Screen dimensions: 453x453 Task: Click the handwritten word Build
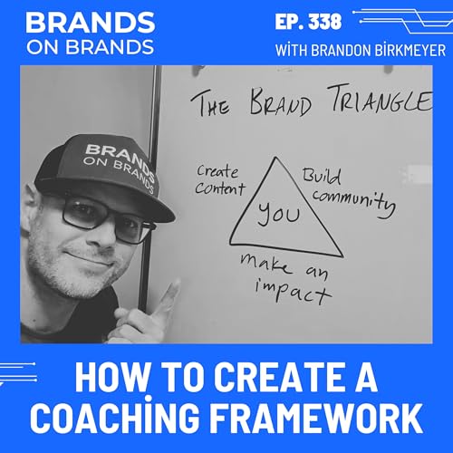(x=323, y=171)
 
